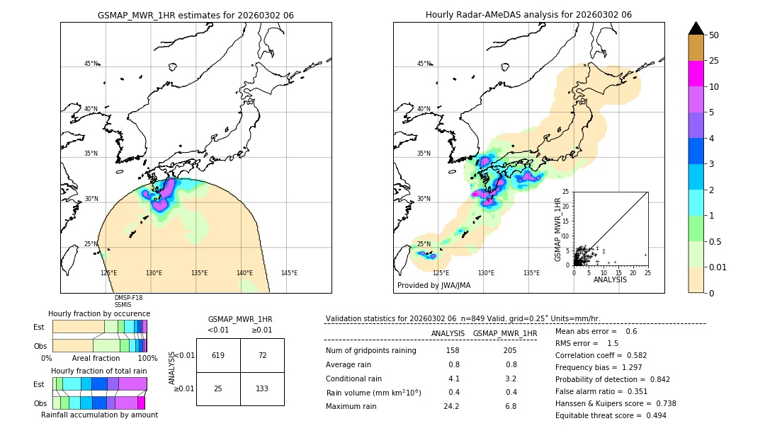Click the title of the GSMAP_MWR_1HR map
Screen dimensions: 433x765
click(195, 15)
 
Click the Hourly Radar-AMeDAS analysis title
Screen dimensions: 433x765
click(528, 15)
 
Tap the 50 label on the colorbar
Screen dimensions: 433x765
click(714, 35)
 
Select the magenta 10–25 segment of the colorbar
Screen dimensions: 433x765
click(696, 74)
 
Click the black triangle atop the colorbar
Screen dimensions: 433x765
click(696, 28)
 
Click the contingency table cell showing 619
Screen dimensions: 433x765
click(218, 355)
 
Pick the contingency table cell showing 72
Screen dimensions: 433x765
click(262, 355)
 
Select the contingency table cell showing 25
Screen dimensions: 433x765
click(218, 389)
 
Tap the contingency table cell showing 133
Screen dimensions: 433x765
click(262, 389)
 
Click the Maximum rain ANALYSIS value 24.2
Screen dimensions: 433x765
click(452, 406)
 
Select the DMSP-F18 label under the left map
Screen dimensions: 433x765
click(128, 298)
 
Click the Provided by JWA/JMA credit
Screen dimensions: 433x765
click(433, 286)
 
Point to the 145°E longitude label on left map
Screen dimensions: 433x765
click(289, 273)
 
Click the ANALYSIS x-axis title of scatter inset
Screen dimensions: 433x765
click(610, 279)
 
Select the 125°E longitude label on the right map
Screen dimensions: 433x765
click(441, 273)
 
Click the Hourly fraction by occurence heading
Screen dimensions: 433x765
click(99, 313)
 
